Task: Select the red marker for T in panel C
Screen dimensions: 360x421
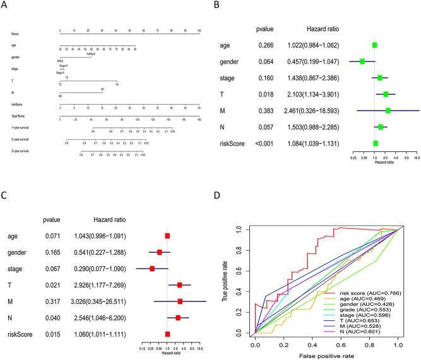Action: (180, 285)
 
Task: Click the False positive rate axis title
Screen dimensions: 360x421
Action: (325, 355)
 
